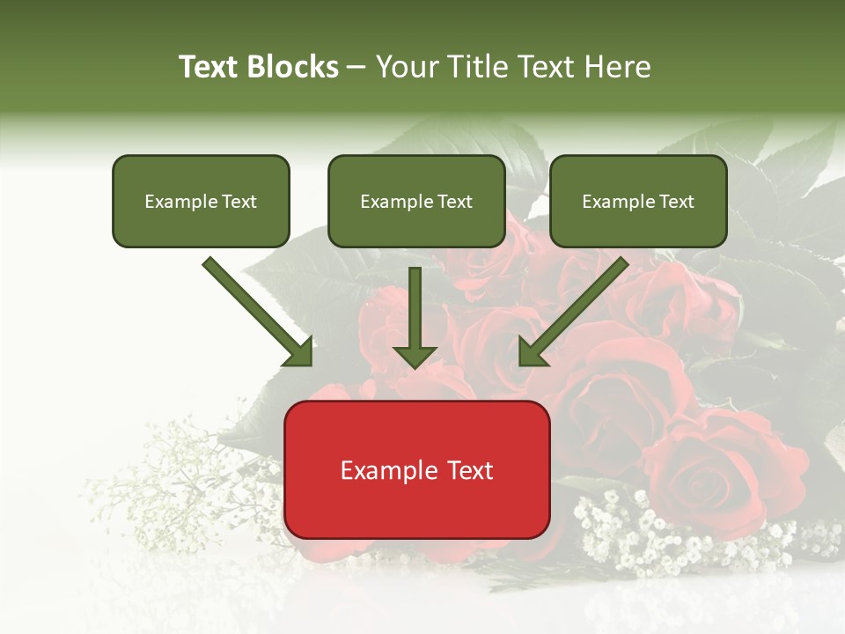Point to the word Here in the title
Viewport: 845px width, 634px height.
point(620,67)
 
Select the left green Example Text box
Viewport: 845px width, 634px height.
point(201,201)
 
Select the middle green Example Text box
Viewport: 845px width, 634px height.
point(416,201)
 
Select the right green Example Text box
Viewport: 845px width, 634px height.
point(638,201)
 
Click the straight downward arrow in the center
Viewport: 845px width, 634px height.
point(415,308)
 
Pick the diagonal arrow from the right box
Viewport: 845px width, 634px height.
point(577,308)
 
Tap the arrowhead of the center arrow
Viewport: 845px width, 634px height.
point(415,356)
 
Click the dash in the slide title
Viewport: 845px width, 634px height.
point(356,67)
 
